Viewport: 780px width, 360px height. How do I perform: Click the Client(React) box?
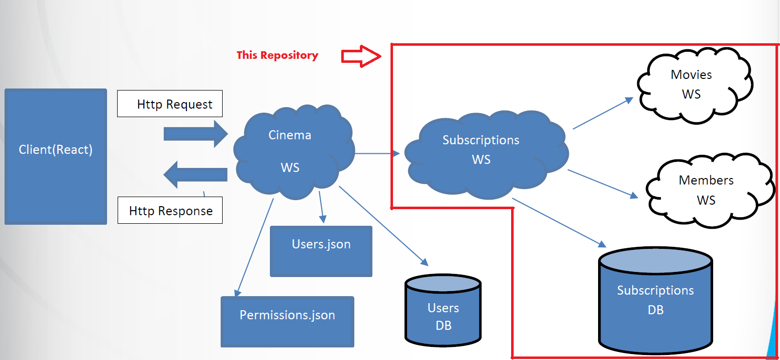click(x=55, y=156)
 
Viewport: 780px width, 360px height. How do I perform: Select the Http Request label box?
click(x=170, y=104)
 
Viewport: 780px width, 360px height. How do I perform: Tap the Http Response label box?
click(x=170, y=211)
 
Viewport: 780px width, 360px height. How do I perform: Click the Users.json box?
click(x=321, y=251)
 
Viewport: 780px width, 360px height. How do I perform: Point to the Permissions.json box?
click(x=287, y=321)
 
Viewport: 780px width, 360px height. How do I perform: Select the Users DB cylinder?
click(x=443, y=314)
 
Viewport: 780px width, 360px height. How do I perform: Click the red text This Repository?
click(x=277, y=55)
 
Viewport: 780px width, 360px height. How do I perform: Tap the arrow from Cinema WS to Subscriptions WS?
click(x=377, y=153)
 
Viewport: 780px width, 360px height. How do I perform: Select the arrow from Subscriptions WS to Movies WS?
click(x=603, y=113)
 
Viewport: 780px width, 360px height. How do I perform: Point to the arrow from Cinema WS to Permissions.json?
click(x=254, y=246)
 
